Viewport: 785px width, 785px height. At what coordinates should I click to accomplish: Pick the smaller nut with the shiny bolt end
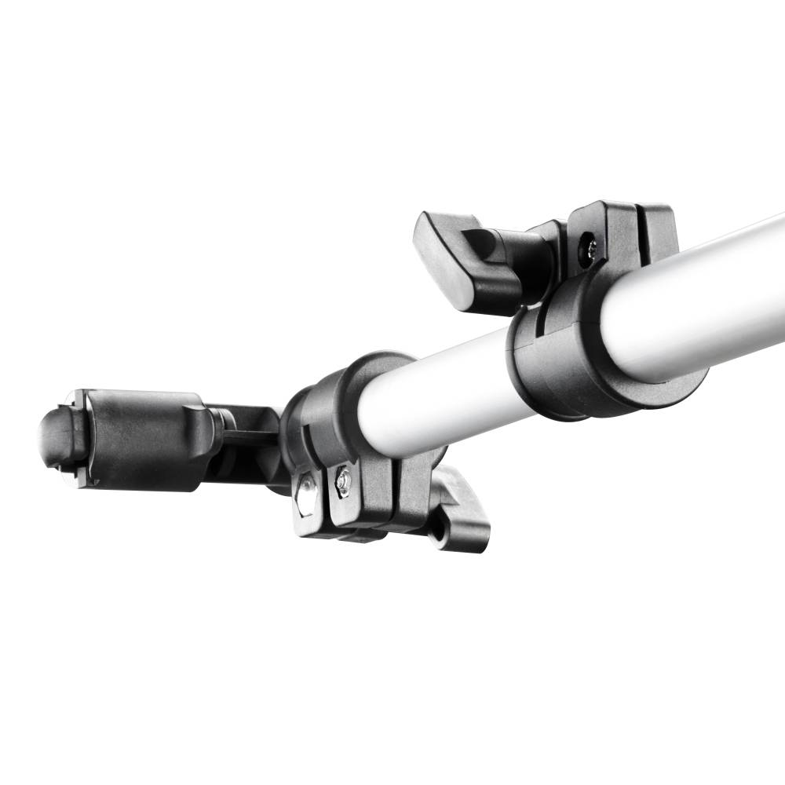click(x=342, y=480)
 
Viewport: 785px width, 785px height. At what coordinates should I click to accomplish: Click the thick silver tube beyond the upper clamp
click(x=706, y=298)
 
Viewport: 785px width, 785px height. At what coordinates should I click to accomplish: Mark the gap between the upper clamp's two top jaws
click(x=638, y=228)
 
